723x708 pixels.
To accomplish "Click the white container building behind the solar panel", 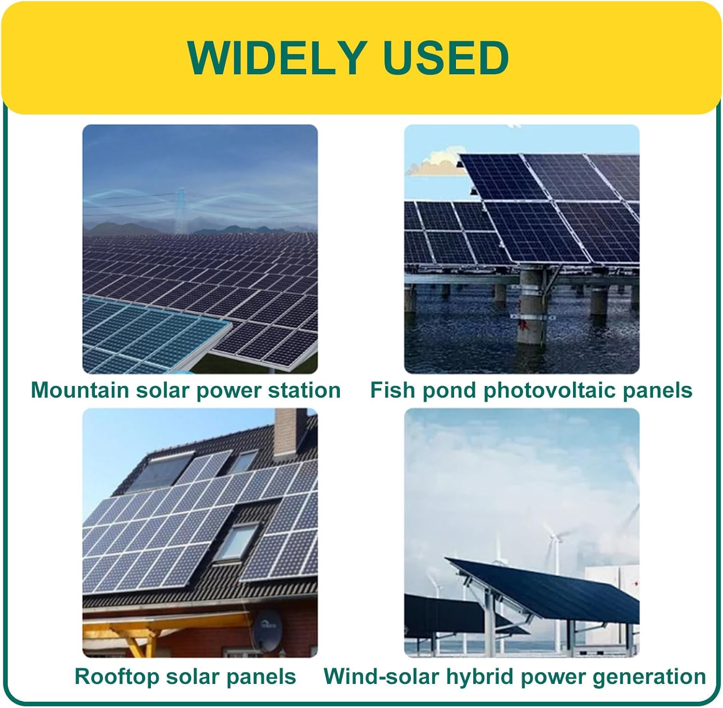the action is coord(612,607).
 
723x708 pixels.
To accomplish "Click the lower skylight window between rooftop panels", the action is coord(236,542).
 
